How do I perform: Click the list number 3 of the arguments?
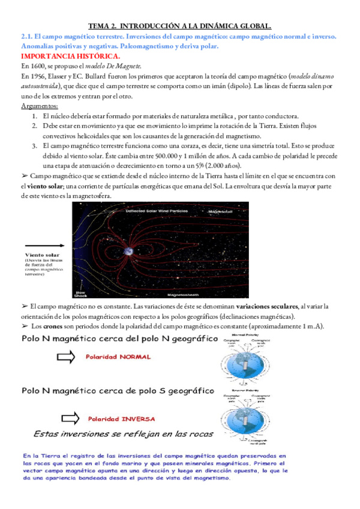click(x=35, y=145)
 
